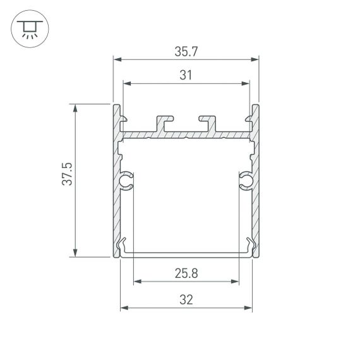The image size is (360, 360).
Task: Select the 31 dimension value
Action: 186,75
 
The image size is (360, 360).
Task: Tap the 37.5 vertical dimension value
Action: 67,181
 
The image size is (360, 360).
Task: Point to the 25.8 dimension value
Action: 186,273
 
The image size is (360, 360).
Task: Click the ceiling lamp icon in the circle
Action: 28,28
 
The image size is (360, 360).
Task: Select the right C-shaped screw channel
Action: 245,181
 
